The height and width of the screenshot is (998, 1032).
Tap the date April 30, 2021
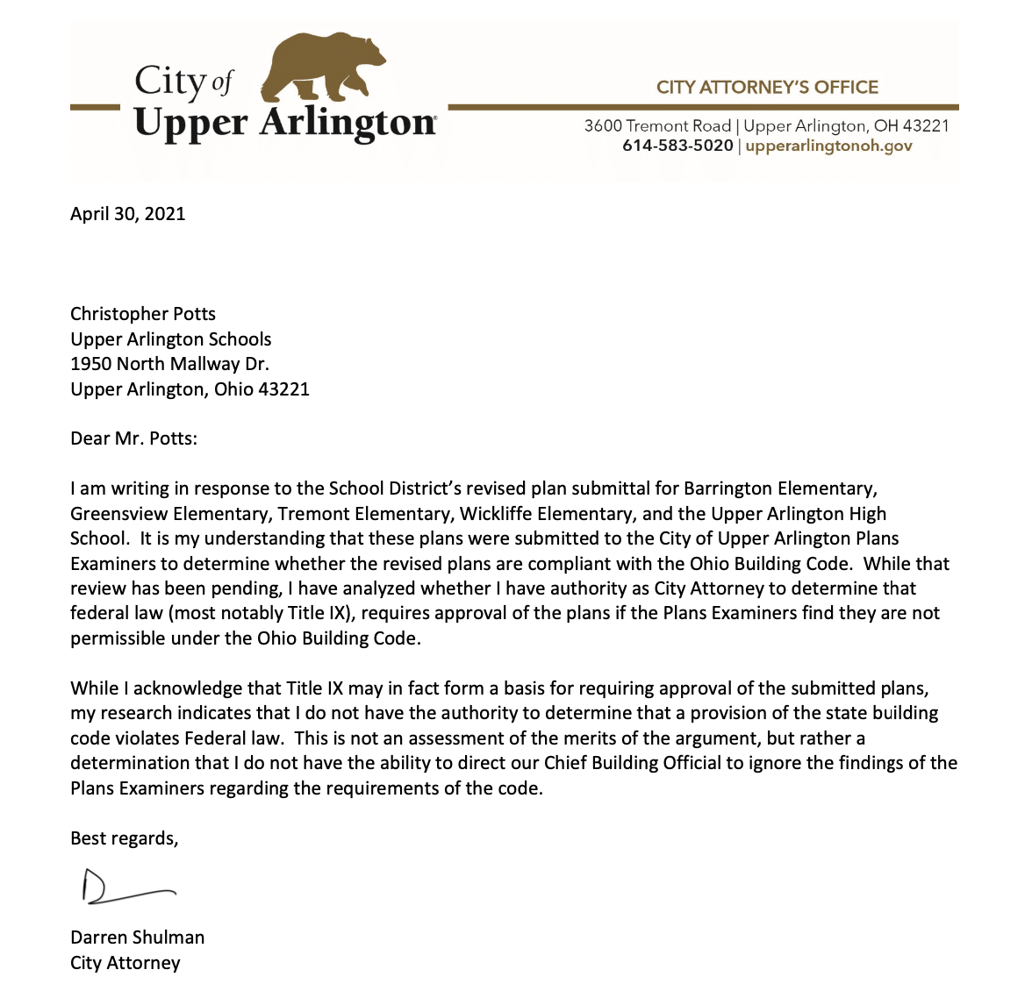click(x=128, y=214)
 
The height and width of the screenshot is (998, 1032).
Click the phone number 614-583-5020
click(x=677, y=146)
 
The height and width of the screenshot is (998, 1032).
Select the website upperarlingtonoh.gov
click(x=828, y=146)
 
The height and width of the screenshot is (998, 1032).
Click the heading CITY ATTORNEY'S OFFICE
click(x=767, y=87)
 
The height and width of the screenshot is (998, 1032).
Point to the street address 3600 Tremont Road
click(x=657, y=125)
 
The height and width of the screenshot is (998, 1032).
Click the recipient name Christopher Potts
click(x=143, y=314)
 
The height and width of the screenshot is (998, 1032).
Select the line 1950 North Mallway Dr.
click(x=169, y=364)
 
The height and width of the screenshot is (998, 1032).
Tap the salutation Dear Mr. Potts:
click(x=133, y=438)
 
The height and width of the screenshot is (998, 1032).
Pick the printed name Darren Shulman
click(x=137, y=937)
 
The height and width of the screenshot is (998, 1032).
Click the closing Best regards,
click(x=124, y=838)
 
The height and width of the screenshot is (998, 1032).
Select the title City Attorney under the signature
click(x=125, y=963)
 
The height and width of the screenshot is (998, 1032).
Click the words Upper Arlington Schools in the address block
click(x=170, y=339)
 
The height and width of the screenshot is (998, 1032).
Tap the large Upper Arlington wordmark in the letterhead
click(x=284, y=123)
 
